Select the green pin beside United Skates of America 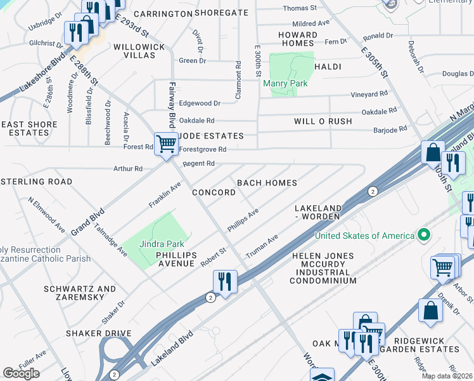coord(425,236)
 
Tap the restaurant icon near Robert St coord(225,280)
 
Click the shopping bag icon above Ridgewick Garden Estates coord(430,311)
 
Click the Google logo coord(21,373)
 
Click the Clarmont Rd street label coord(238,79)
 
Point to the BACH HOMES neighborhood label coord(267,183)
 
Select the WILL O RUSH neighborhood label coord(323,121)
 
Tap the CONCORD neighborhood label coord(214,192)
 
